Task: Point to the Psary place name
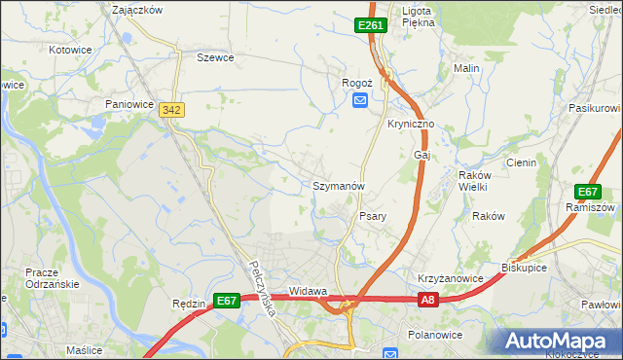(x=375, y=216)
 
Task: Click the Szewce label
(x=215, y=57)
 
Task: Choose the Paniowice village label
(x=131, y=102)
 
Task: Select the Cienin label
(x=521, y=162)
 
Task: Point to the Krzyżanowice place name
(x=451, y=278)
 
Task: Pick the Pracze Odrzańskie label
(x=43, y=276)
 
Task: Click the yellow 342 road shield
(x=172, y=112)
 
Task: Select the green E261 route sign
(x=372, y=25)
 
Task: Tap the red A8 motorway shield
(x=428, y=302)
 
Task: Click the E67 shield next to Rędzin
(x=227, y=302)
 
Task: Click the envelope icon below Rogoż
(x=360, y=100)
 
